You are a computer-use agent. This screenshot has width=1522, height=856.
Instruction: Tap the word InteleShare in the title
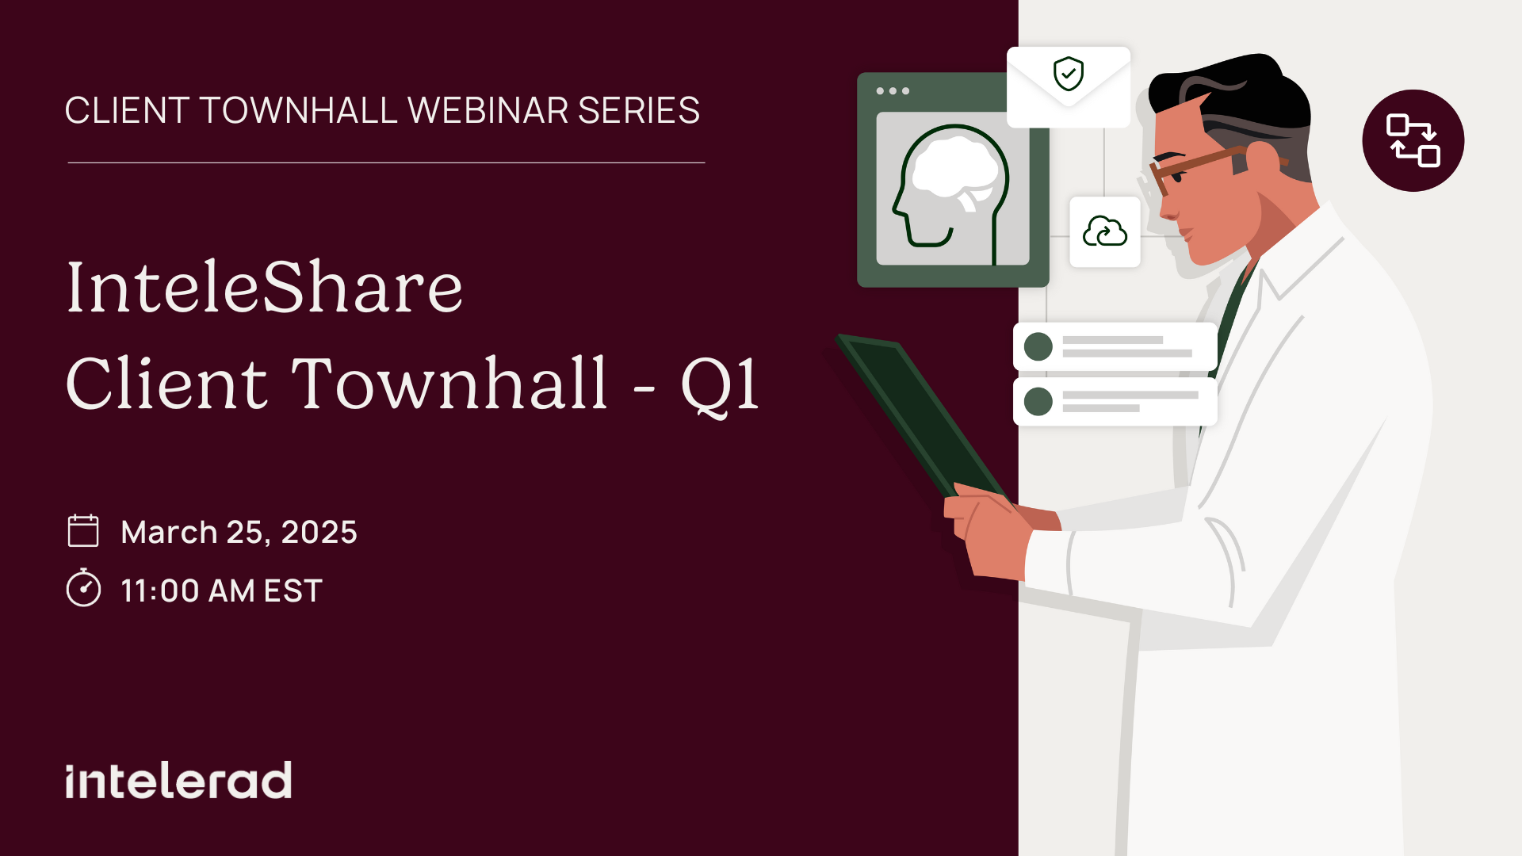coord(265,287)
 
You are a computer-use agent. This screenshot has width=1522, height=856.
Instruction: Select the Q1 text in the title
coord(720,384)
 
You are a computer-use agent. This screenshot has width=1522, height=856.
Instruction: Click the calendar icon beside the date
coord(83,531)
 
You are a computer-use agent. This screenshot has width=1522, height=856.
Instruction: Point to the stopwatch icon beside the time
coord(83,588)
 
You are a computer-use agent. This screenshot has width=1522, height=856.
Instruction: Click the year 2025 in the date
coord(319,532)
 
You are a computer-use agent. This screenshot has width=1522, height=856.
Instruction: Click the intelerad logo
coord(178,781)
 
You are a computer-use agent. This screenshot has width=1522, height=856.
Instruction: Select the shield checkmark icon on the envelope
coord(1069,74)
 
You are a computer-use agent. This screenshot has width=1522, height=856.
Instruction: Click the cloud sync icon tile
coord(1105,231)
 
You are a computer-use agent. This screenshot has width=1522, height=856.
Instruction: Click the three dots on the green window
coord(893,91)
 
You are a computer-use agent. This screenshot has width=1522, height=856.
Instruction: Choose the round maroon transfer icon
coord(1413,140)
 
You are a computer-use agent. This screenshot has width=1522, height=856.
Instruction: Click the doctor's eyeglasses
coord(1197,167)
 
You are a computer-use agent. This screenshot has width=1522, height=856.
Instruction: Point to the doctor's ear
coord(1263,162)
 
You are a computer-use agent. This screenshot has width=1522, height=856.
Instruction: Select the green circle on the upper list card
coord(1038,346)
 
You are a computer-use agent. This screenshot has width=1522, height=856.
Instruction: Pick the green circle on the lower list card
coord(1038,401)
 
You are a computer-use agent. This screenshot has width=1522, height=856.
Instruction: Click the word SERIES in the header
coord(639,110)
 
